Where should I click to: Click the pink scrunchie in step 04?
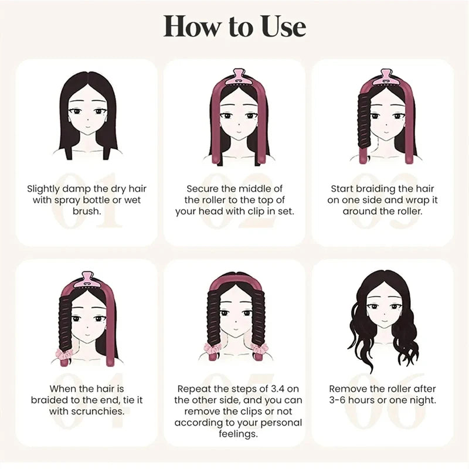click(x=64, y=354)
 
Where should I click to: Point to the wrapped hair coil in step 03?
click(x=364, y=122)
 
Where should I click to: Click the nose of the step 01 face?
click(x=87, y=120)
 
